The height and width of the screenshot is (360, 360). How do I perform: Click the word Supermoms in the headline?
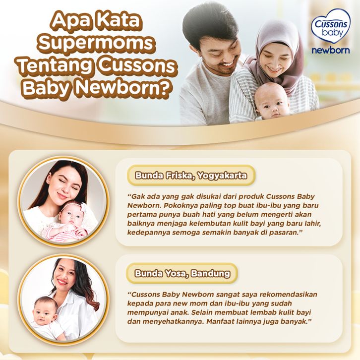96,42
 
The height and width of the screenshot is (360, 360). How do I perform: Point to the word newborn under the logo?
331,50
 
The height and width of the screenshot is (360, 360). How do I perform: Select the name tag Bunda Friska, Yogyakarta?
191,176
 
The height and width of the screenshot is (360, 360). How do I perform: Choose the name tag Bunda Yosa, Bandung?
182,273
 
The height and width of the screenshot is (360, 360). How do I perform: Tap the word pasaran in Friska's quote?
283,233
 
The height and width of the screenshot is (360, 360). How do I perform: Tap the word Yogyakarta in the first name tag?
222,176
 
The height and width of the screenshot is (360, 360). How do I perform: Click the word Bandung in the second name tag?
210,273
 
